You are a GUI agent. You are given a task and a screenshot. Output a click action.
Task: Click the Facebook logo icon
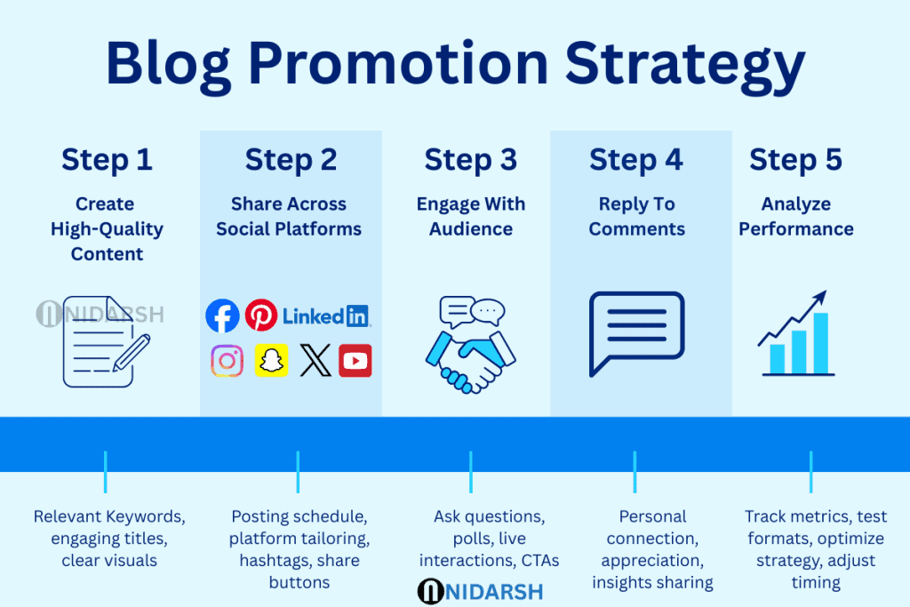coord(222,315)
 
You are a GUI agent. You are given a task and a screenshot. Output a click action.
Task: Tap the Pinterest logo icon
coord(261,315)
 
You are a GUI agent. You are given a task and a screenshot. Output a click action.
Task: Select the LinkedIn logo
coord(326,315)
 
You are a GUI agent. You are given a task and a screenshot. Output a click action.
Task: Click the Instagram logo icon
coord(227,360)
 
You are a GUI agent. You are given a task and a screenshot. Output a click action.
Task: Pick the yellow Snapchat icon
coord(271,360)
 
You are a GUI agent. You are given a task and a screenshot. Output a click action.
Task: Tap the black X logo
coord(315,360)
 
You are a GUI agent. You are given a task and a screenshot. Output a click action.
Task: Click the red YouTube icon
coord(355,360)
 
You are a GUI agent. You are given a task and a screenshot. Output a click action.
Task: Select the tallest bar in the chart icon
coord(820,342)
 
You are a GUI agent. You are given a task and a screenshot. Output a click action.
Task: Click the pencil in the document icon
coord(129,353)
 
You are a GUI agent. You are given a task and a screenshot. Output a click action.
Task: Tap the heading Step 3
coord(470,160)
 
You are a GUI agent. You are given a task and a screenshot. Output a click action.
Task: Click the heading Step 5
coord(795,160)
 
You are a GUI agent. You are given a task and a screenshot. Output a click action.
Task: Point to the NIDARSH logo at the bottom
coord(480,591)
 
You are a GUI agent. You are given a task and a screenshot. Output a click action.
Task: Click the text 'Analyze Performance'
coord(795,217)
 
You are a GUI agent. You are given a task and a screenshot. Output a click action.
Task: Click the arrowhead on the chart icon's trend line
coord(820,297)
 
